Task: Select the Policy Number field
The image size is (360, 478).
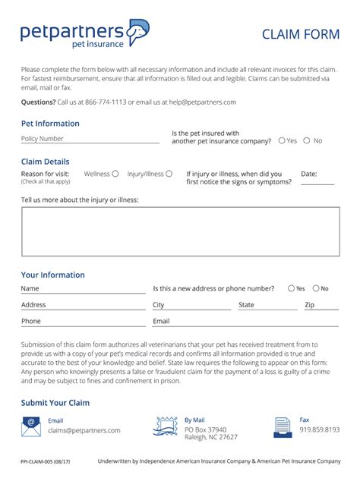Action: tap(90, 139)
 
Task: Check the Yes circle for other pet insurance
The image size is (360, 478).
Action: tap(282, 140)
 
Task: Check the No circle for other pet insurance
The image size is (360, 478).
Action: tap(307, 140)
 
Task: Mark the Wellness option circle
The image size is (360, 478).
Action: tap(115, 174)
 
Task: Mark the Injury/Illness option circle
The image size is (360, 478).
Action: tap(169, 174)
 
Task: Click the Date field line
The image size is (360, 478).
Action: tap(317, 182)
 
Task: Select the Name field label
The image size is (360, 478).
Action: tap(30, 288)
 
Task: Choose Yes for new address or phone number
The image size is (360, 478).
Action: tap(292, 288)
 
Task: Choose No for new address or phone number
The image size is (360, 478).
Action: tap(315, 288)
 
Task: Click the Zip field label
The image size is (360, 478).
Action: tap(309, 305)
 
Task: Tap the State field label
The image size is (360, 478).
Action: tap(246, 305)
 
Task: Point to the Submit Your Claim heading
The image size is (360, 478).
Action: tap(55, 403)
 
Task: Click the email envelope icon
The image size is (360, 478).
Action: tap(31, 426)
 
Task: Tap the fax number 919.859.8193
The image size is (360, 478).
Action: tap(319, 429)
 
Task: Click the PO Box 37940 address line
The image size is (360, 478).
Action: tap(205, 429)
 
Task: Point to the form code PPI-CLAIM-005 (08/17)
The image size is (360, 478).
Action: tap(46, 461)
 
